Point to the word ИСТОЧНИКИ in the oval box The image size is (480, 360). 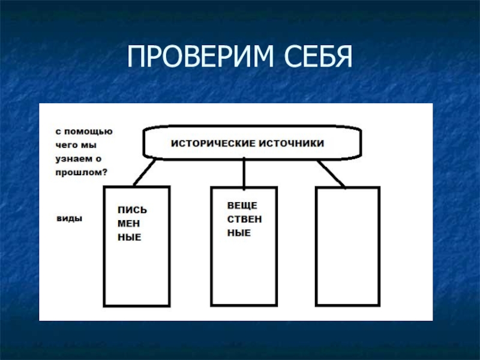pos(292,143)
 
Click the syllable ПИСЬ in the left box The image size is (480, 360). pos(131,210)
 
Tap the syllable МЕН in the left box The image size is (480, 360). pos(128,224)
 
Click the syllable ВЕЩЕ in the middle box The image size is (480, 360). pos(238,205)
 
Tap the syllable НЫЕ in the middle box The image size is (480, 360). pos(238,233)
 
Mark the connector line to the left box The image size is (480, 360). pos(144,172)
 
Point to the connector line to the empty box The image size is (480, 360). pos(331,174)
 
